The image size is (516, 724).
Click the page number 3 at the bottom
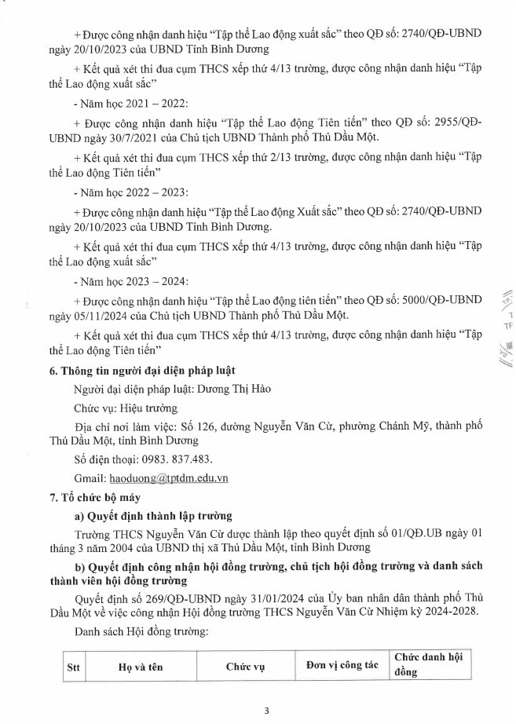(266, 711)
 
